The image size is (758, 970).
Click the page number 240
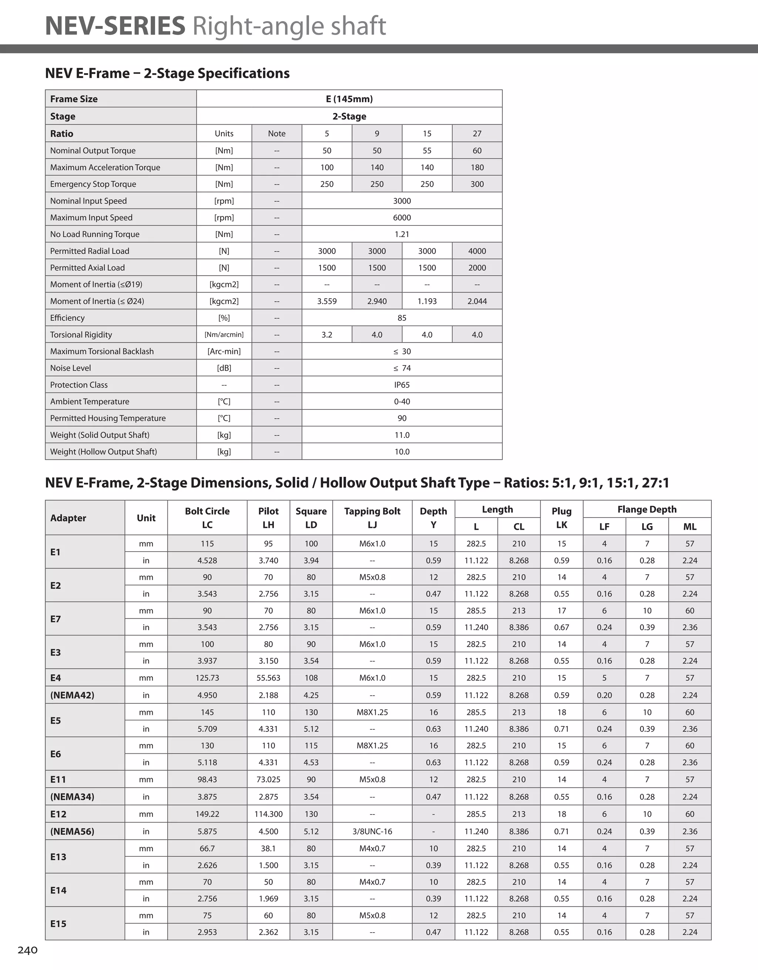pos(27,950)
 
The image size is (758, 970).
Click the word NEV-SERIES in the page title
pos(115,26)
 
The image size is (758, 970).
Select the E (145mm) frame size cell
pos(349,98)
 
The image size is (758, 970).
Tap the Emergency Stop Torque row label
pos(93,184)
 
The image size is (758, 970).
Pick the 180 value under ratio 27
pos(477,167)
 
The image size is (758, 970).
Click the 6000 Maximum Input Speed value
pos(402,218)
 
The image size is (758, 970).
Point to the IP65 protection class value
pos(402,385)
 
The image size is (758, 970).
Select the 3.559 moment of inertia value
pos(327,301)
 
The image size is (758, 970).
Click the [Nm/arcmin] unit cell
pos(224,334)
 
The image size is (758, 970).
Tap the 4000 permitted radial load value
pos(477,251)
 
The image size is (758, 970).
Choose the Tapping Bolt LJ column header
pos(372,518)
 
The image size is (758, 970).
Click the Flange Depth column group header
pos(647,509)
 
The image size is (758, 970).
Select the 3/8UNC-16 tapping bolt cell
pos(372,832)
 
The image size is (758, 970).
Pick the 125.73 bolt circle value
pos(207,678)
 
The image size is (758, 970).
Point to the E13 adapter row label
pos(58,857)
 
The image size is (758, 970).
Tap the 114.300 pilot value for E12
pos(268,814)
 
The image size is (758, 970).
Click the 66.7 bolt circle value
pos(207,848)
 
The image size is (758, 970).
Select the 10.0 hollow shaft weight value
pos(402,452)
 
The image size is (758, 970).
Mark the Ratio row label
pos(62,134)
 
